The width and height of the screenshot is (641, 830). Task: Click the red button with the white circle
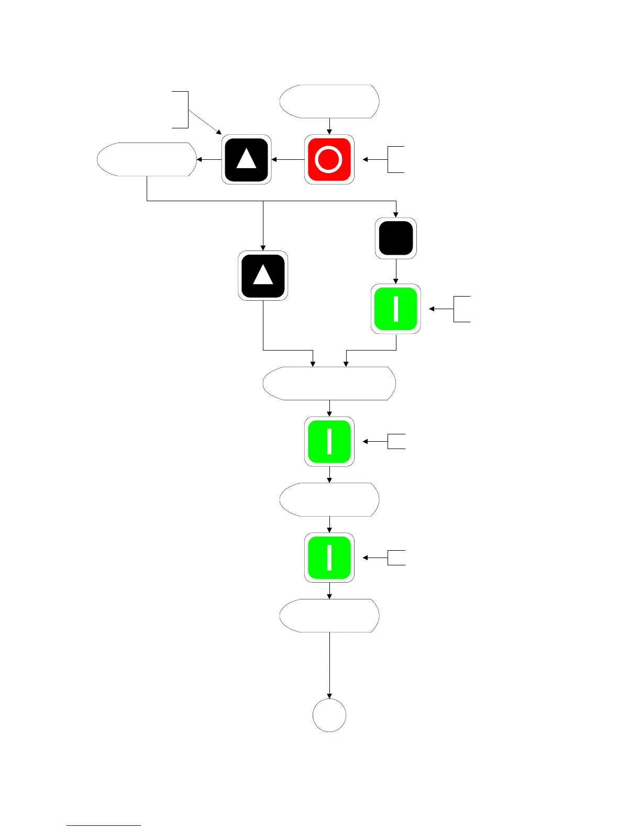[x=329, y=159]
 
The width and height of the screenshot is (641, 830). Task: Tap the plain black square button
[x=396, y=238]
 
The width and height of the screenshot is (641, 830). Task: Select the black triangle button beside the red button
[x=246, y=159]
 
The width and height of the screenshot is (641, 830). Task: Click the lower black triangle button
[x=263, y=276]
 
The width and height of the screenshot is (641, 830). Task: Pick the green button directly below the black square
[x=396, y=309]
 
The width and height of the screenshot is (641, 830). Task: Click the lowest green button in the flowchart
[x=329, y=558]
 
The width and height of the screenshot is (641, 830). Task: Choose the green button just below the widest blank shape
[x=329, y=441]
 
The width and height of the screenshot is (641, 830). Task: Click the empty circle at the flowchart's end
[x=329, y=715]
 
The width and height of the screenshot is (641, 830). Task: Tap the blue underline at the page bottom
[x=104, y=825]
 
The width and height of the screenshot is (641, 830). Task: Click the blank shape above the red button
[x=329, y=101]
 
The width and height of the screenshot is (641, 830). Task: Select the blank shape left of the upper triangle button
[x=147, y=159]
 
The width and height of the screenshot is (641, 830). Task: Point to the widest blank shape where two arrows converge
[x=329, y=384]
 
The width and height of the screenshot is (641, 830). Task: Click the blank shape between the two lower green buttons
[x=329, y=499]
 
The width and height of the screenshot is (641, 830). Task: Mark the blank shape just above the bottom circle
[x=329, y=616]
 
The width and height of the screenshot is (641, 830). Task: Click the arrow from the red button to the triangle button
[x=288, y=159]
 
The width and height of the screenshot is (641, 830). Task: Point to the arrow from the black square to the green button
[x=396, y=271]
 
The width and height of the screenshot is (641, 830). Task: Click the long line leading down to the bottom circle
[x=329, y=665]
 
